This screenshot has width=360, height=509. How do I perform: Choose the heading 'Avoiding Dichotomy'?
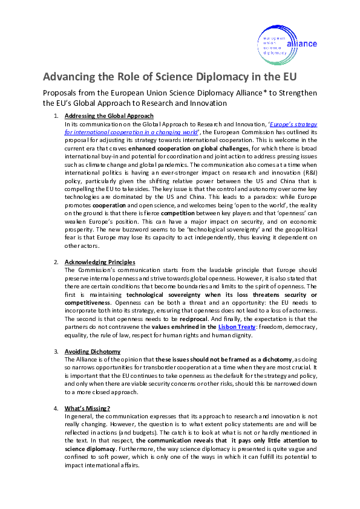coord(93,352)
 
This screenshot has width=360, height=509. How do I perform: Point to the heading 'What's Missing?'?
coord(87,409)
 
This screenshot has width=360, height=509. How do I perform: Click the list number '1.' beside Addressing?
coord(56,115)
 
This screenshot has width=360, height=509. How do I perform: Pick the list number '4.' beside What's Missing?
coord(56,409)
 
